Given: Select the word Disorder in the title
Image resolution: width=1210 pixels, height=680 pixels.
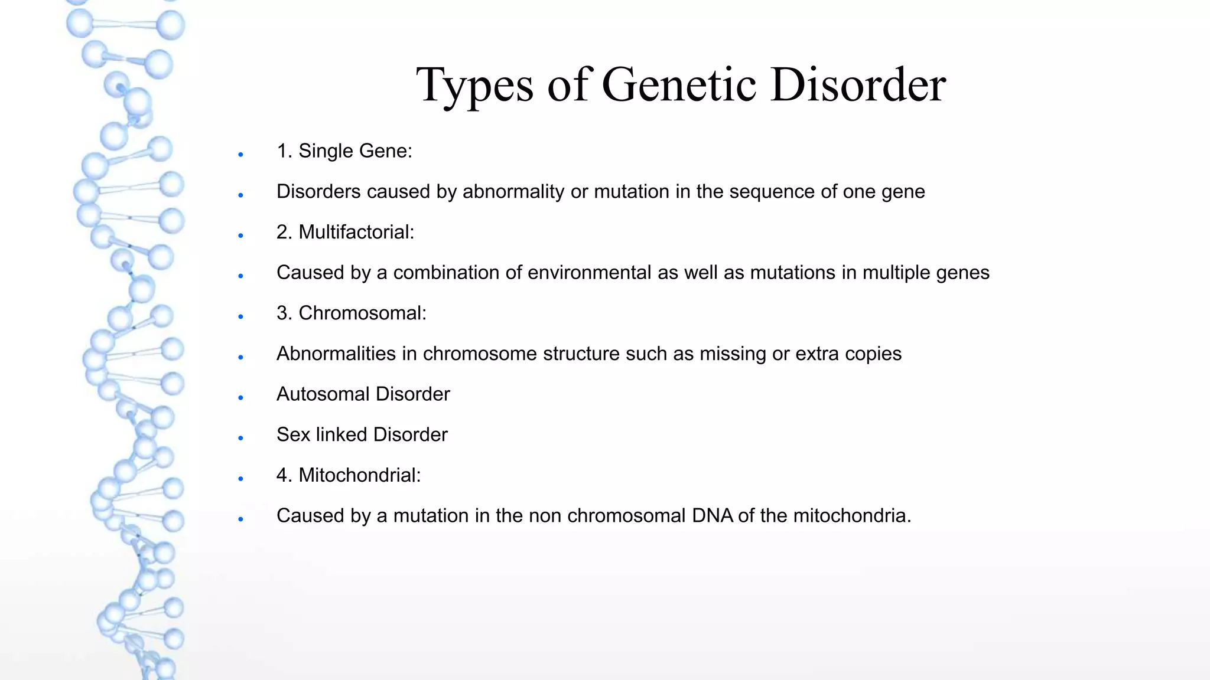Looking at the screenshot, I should (x=858, y=84).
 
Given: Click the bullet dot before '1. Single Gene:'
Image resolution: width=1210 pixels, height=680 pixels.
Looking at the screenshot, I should (x=241, y=155).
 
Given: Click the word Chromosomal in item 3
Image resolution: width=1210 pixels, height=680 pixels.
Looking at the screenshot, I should (x=362, y=313).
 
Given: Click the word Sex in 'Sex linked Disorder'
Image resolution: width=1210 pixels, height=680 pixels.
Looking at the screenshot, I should (x=293, y=434).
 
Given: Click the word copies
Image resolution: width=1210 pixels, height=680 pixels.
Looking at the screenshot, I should (x=873, y=354).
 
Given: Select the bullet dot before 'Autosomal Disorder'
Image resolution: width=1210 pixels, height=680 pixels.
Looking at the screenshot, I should (x=241, y=398).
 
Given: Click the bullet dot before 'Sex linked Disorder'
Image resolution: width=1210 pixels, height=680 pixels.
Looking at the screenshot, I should (x=241, y=438).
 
